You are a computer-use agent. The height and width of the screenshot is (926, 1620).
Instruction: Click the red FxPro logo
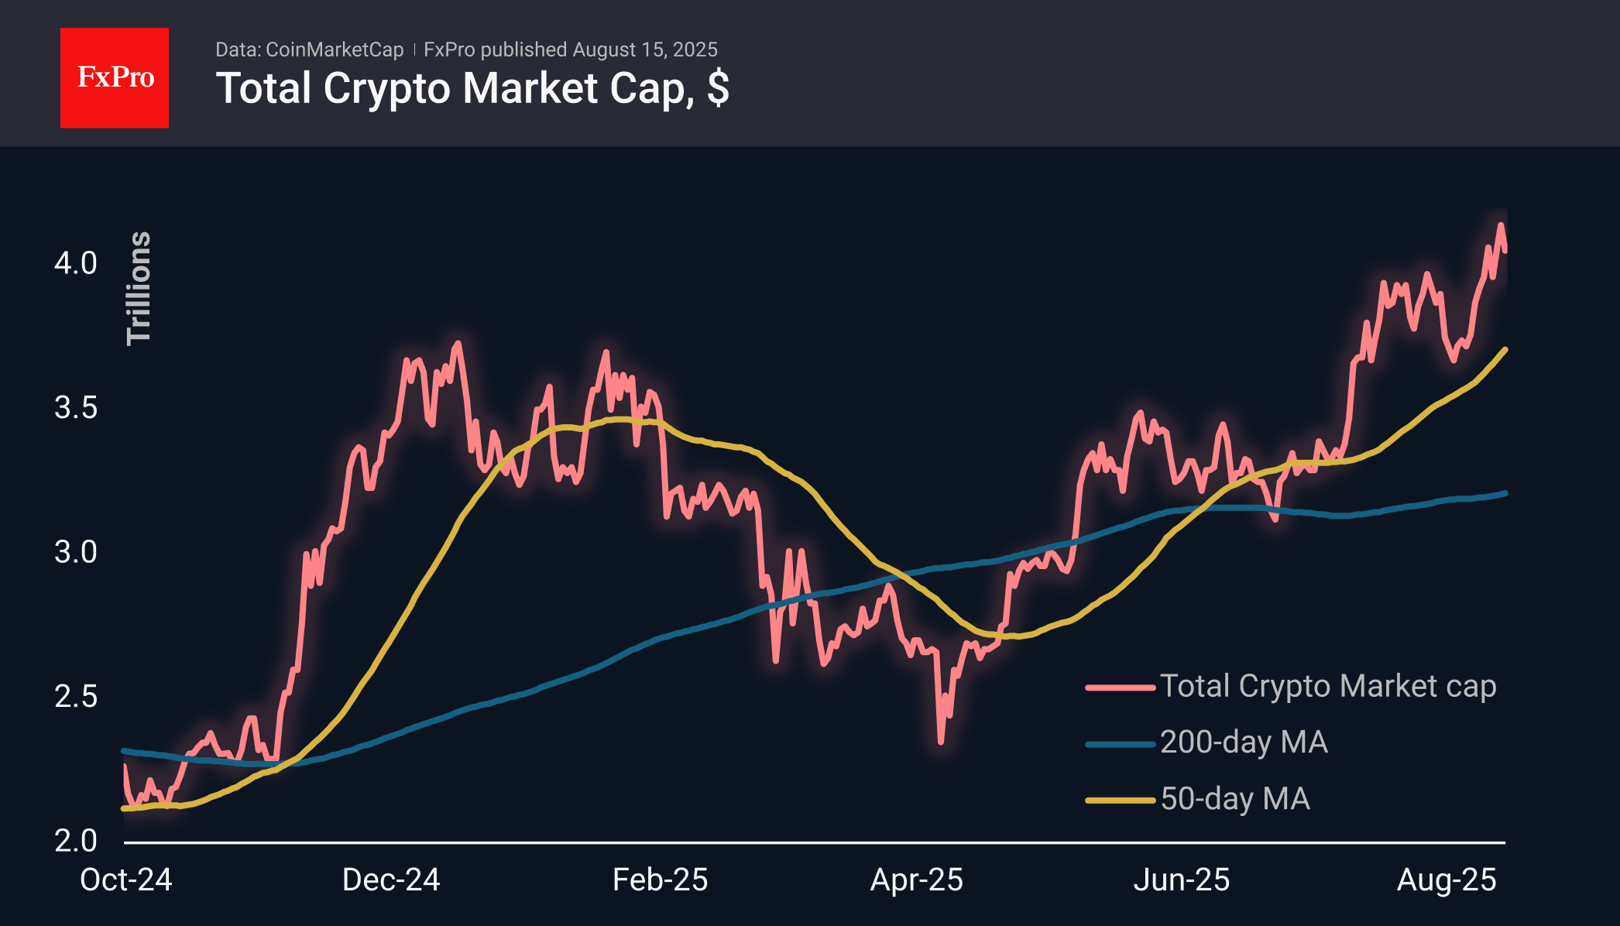click(x=115, y=77)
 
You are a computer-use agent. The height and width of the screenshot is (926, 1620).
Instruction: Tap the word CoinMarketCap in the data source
click(x=335, y=50)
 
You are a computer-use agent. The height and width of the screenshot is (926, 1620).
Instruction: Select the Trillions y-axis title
click(x=139, y=288)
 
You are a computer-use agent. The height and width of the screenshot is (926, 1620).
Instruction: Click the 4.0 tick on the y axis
click(x=76, y=263)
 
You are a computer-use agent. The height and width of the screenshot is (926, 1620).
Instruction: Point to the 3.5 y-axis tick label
click(x=76, y=407)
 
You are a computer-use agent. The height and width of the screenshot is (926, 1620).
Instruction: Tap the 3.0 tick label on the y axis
click(x=76, y=552)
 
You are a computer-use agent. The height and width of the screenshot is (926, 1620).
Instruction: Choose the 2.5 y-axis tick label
click(x=76, y=696)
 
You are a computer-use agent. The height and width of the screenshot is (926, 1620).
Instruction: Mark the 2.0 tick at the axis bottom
click(x=76, y=841)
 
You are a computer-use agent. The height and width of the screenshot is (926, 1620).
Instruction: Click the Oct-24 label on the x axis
click(x=126, y=880)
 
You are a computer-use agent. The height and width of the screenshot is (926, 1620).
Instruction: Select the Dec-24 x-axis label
click(x=391, y=880)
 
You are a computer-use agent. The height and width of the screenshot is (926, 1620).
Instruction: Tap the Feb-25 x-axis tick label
click(x=661, y=880)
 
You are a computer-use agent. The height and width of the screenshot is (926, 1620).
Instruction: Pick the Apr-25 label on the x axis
click(x=917, y=880)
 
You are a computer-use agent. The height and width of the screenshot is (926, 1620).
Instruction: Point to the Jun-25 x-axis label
click(x=1182, y=880)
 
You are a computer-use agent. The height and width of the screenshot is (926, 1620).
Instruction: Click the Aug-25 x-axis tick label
click(x=1447, y=880)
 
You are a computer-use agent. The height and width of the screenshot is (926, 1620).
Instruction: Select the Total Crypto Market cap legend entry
click(x=1291, y=687)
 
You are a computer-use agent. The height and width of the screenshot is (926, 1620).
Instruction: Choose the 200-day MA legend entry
click(x=1206, y=743)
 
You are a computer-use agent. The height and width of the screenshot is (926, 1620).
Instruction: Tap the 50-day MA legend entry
click(x=1198, y=799)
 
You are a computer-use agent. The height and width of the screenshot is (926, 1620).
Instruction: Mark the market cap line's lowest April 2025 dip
click(x=941, y=743)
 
